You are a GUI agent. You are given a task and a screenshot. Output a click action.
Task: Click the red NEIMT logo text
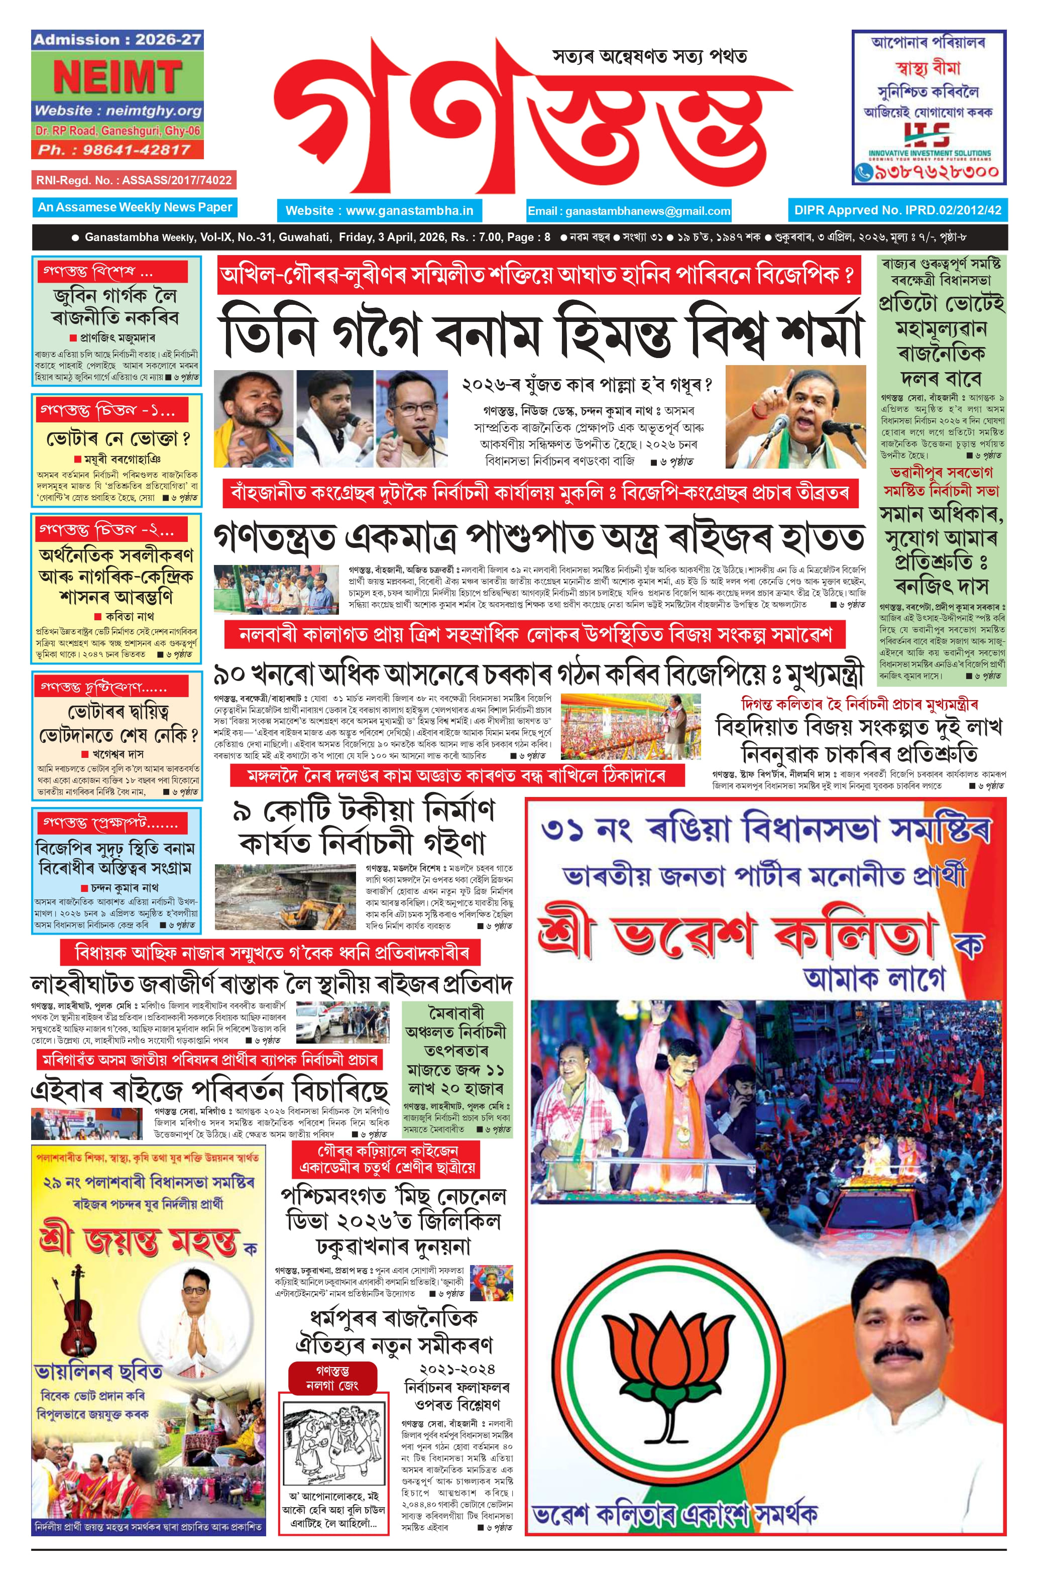tap(118, 78)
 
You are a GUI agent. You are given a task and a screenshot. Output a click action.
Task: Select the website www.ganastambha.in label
tap(379, 211)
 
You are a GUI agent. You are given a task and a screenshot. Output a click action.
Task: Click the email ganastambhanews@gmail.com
tap(629, 211)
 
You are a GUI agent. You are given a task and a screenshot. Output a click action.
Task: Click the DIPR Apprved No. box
tap(897, 210)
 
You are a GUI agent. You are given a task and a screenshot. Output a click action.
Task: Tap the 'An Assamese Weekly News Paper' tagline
tap(135, 207)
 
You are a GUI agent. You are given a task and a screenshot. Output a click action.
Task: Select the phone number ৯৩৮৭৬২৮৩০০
tap(936, 172)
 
